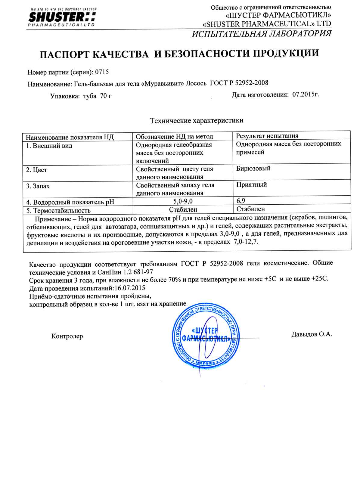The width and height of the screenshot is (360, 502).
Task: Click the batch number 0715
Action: [102, 72]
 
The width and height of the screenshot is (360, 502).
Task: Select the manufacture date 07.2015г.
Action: [306, 95]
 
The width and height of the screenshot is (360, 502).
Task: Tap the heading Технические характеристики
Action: [197, 121]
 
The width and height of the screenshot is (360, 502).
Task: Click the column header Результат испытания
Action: [267, 136]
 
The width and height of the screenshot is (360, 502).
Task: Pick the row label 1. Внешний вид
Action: [49, 146]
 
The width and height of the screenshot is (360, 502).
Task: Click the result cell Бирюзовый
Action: [253, 168]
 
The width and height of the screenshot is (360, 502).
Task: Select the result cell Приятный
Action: [252, 184]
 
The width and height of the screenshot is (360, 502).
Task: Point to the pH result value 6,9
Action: [241, 200]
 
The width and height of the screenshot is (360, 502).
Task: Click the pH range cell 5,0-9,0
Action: [183, 201]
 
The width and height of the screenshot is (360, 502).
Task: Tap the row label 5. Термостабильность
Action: [58, 210]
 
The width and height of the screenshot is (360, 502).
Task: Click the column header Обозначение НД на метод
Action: [174, 137]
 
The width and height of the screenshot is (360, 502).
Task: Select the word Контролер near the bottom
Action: [67, 336]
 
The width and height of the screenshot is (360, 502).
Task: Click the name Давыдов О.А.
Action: [312, 334]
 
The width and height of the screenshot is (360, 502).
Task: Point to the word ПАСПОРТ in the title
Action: [64, 54]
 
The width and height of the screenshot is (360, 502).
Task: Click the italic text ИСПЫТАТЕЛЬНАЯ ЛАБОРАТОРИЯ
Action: [262, 33]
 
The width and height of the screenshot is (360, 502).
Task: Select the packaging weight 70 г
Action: [106, 96]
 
